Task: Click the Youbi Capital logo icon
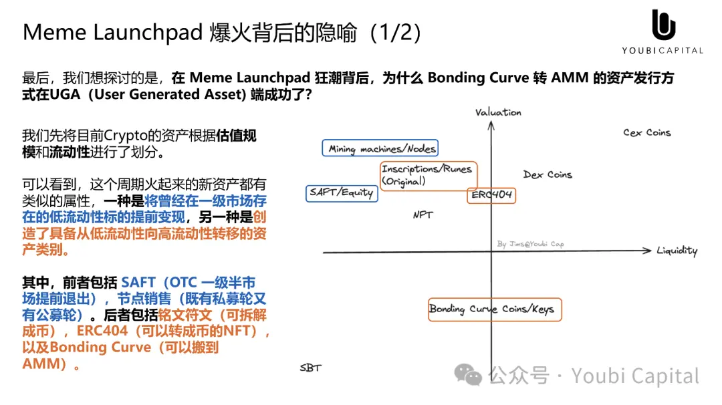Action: click(x=663, y=25)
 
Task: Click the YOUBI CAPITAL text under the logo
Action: click(x=663, y=50)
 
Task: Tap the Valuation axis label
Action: click(x=498, y=112)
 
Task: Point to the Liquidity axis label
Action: click(x=677, y=251)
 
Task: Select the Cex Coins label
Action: click(x=646, y=133)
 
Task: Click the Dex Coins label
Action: click(x=548, y=174)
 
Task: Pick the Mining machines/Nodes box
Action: click(x=382, y=149)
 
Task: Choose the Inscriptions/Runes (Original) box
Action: click(x=429, y=175)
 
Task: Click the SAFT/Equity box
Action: click(x=342, y=192)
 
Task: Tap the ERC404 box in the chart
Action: click(x=491, y=195)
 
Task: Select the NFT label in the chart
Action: click(x=423, y=215)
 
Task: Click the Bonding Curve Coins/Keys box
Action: click(x=495, y=309)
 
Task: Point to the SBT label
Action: click(x=310, y=368)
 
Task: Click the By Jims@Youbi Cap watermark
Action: click(x=531, y=244)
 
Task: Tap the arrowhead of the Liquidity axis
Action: click(x=647, y=251)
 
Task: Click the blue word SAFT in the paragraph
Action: click(x=138, y=283)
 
